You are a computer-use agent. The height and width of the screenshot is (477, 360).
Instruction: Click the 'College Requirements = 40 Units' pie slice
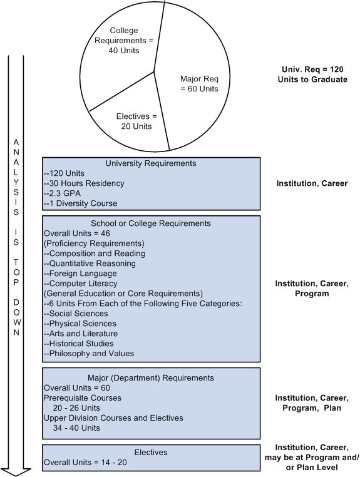coord(131,40)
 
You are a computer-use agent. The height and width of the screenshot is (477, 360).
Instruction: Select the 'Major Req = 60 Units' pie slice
coord(199,84)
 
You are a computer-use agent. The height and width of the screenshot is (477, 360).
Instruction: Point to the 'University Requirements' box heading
coord(151,163)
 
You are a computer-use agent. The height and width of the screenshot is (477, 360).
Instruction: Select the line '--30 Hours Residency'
coord(83,183)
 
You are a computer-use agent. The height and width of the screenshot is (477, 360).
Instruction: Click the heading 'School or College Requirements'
coord(151,223)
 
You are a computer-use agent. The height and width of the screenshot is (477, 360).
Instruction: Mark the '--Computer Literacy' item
coord(80,284)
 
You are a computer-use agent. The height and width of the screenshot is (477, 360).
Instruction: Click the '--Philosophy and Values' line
coord(88,354)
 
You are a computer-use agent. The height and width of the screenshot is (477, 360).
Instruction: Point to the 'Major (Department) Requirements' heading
coord(151,378)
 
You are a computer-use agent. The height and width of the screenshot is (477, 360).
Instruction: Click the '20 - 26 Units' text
coord(77,408)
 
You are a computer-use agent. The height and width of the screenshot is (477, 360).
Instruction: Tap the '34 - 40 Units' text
coord(77,428)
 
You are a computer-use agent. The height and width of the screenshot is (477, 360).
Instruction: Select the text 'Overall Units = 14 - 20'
coord(87,463)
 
